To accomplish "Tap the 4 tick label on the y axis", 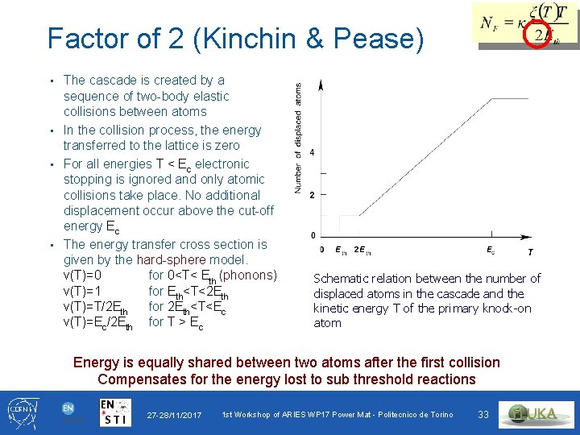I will click(312, 153).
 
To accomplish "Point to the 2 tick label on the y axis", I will click(312, 195).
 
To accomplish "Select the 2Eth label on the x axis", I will click(362, 251).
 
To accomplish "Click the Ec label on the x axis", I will click(491, 251).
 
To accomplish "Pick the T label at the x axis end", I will click(530, 252).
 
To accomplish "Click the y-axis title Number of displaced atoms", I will click(298, 138).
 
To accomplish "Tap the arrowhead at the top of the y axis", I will click(321, 85).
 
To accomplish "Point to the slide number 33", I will click(483, 415).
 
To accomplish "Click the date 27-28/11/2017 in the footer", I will click(174, 416).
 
